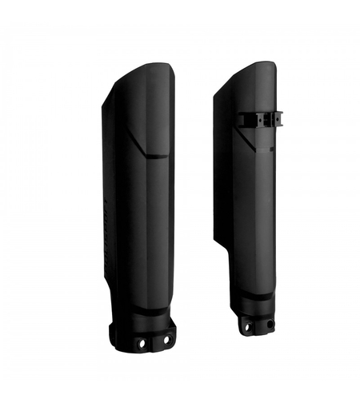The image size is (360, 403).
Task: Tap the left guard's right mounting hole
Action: click(x=166, y=339)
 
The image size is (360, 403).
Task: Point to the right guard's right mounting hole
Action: click(x=269, y=325)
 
